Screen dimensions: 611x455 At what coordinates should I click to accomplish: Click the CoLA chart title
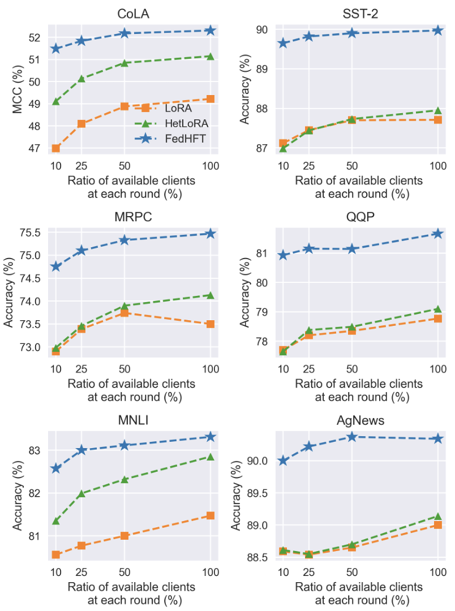pos(133,14)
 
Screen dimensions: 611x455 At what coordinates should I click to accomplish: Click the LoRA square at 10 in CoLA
pos(55,148)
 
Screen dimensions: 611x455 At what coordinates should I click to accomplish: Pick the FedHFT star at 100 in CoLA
pos(211,30)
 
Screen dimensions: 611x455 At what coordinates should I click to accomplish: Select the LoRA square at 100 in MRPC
pos(211,324)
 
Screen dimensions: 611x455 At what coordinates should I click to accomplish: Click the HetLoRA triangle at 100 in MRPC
pos(211,295)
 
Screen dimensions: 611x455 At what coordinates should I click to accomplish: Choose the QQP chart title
pos(360,218)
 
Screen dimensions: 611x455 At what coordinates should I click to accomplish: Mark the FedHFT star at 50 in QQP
pos(351,249)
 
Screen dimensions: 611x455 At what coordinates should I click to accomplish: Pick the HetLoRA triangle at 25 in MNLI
pos(81,493)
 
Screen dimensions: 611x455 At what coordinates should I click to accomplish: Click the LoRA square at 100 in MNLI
pos(211,515)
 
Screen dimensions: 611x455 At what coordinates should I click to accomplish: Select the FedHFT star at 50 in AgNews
pos(351,437)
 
